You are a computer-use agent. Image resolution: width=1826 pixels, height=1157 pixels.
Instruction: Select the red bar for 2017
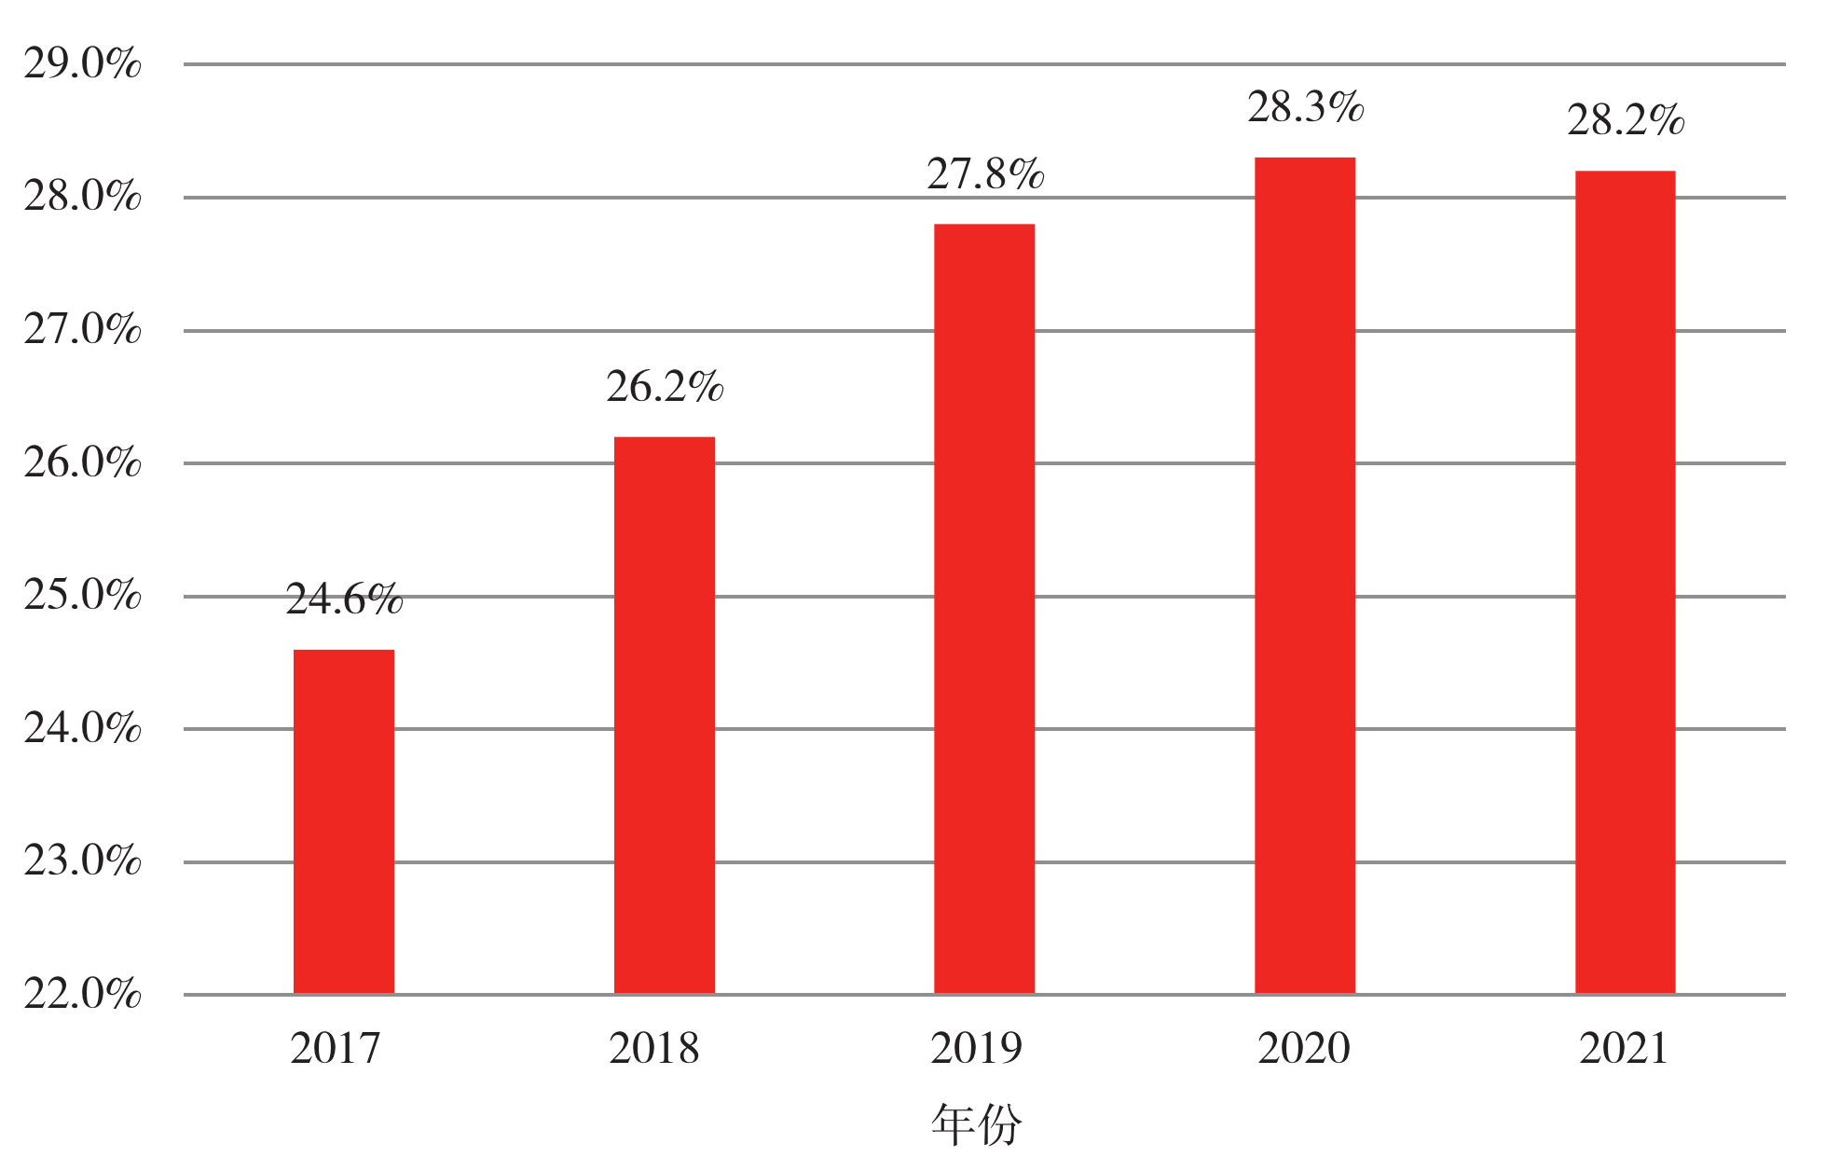pos(344,821)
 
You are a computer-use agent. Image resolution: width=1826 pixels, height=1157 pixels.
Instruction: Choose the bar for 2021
pos(1625,582)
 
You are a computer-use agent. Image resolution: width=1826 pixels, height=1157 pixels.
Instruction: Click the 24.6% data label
pos(344,599)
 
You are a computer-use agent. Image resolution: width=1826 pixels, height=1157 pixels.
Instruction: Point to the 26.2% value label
pos(665,387)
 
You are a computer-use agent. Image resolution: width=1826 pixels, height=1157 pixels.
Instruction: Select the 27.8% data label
pos(985,174)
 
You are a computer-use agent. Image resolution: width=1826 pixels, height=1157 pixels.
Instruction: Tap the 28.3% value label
pos(1306,107)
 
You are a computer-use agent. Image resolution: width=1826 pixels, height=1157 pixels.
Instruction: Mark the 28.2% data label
pos(1626,120)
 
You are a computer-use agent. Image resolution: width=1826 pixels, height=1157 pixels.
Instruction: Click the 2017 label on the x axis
pos(336,1049)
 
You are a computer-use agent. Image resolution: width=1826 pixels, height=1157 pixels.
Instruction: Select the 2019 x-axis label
pos(976,1049)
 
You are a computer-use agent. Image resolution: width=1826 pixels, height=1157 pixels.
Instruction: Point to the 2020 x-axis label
pos(1304,1049)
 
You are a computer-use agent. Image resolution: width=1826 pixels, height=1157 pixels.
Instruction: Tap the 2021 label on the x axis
pos(1624,1049)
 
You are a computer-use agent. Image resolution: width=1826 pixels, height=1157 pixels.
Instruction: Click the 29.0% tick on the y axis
pos(82,64)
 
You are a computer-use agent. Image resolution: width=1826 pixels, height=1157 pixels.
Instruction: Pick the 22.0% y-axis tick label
pos(82,995)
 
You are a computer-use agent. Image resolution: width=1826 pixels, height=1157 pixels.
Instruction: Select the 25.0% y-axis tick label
pos(82,596)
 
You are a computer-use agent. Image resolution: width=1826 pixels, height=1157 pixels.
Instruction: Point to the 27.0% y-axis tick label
pos(82,330)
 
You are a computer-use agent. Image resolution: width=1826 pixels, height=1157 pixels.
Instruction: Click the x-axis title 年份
pos(977,1124)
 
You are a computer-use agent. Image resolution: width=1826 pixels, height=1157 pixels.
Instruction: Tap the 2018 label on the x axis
pos(654,1049)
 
